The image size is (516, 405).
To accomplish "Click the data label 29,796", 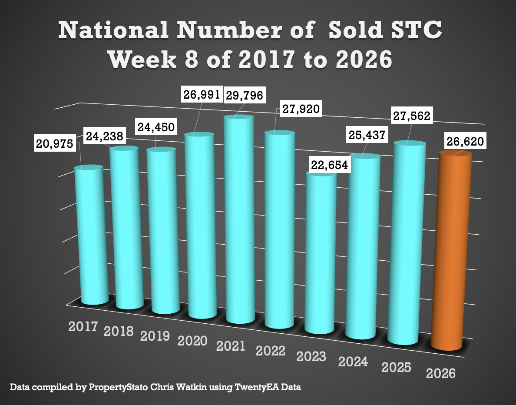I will [244, 96].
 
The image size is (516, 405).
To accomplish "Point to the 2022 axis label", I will [271, 350].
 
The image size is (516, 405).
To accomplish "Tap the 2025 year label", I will [396, 368].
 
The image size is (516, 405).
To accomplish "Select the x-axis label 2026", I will [441, 373].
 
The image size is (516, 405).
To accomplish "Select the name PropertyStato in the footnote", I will [115, 386].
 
